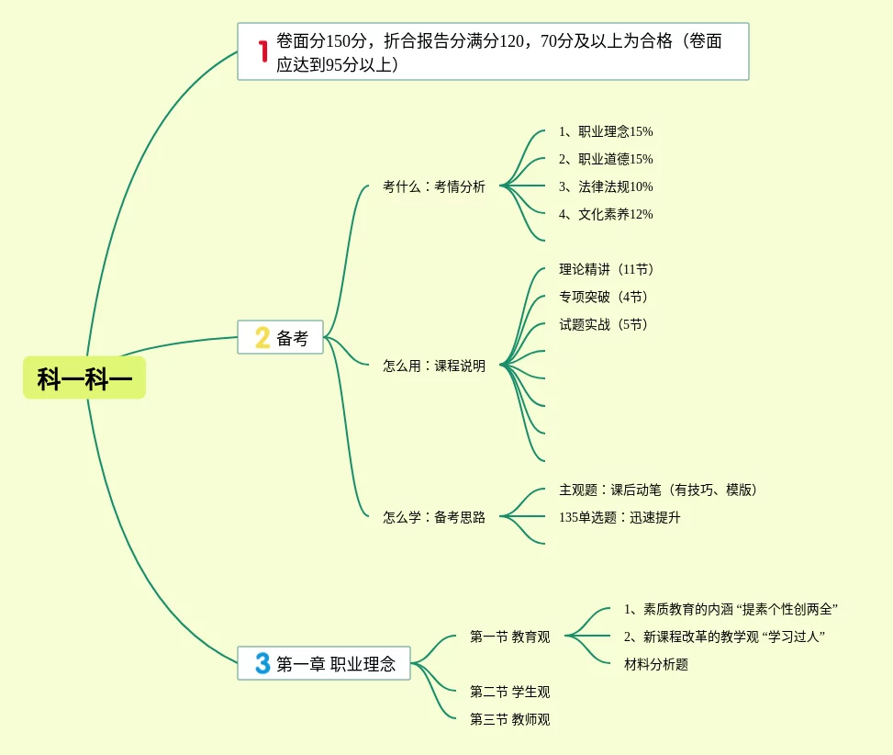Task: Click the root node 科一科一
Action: (84, 377)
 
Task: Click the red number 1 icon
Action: (262, 51)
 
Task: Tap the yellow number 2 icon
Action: (262, 338)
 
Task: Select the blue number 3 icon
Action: (262, 663)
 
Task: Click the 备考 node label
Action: (293, 338)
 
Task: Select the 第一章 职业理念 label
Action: (336, 664)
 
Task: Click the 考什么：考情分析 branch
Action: (434, 186)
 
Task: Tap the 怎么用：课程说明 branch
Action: (434, 366)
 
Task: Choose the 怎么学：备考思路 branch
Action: (434, 517)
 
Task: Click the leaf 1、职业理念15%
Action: (606, 131)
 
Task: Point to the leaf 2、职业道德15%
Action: (606, 159)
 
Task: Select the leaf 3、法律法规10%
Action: (606, 186)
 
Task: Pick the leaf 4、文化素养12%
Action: (606, 214)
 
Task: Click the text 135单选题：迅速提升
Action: (620, 517)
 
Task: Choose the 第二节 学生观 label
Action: (509, 692)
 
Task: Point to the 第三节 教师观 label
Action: (509, 719)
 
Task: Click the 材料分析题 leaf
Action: (656, 664)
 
